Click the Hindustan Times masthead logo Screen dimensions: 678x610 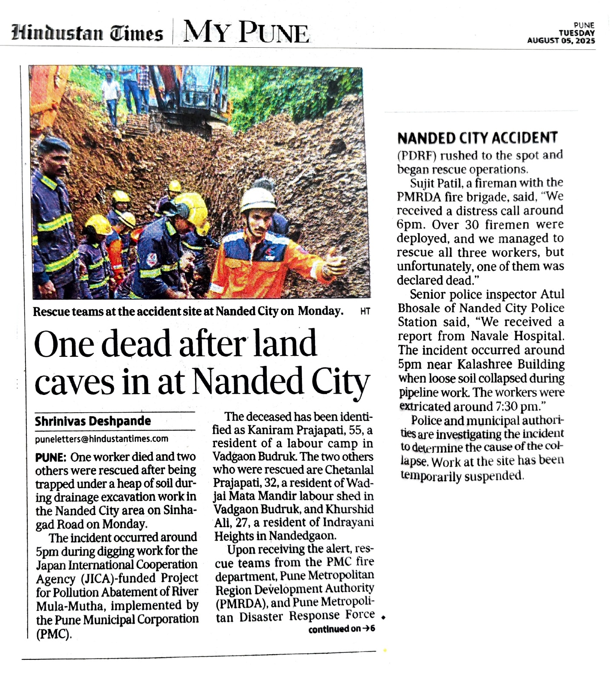tap(88, 33)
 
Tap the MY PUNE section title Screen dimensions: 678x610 tap(246, 33)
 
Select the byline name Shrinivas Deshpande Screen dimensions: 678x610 tap(93, 421)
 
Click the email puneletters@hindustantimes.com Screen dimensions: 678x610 tap(101, 439)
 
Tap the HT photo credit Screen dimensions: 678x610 tap(365, 311)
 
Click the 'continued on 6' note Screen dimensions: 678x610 tap(341, 629)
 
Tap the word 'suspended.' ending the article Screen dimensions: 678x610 tap(494, 476)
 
